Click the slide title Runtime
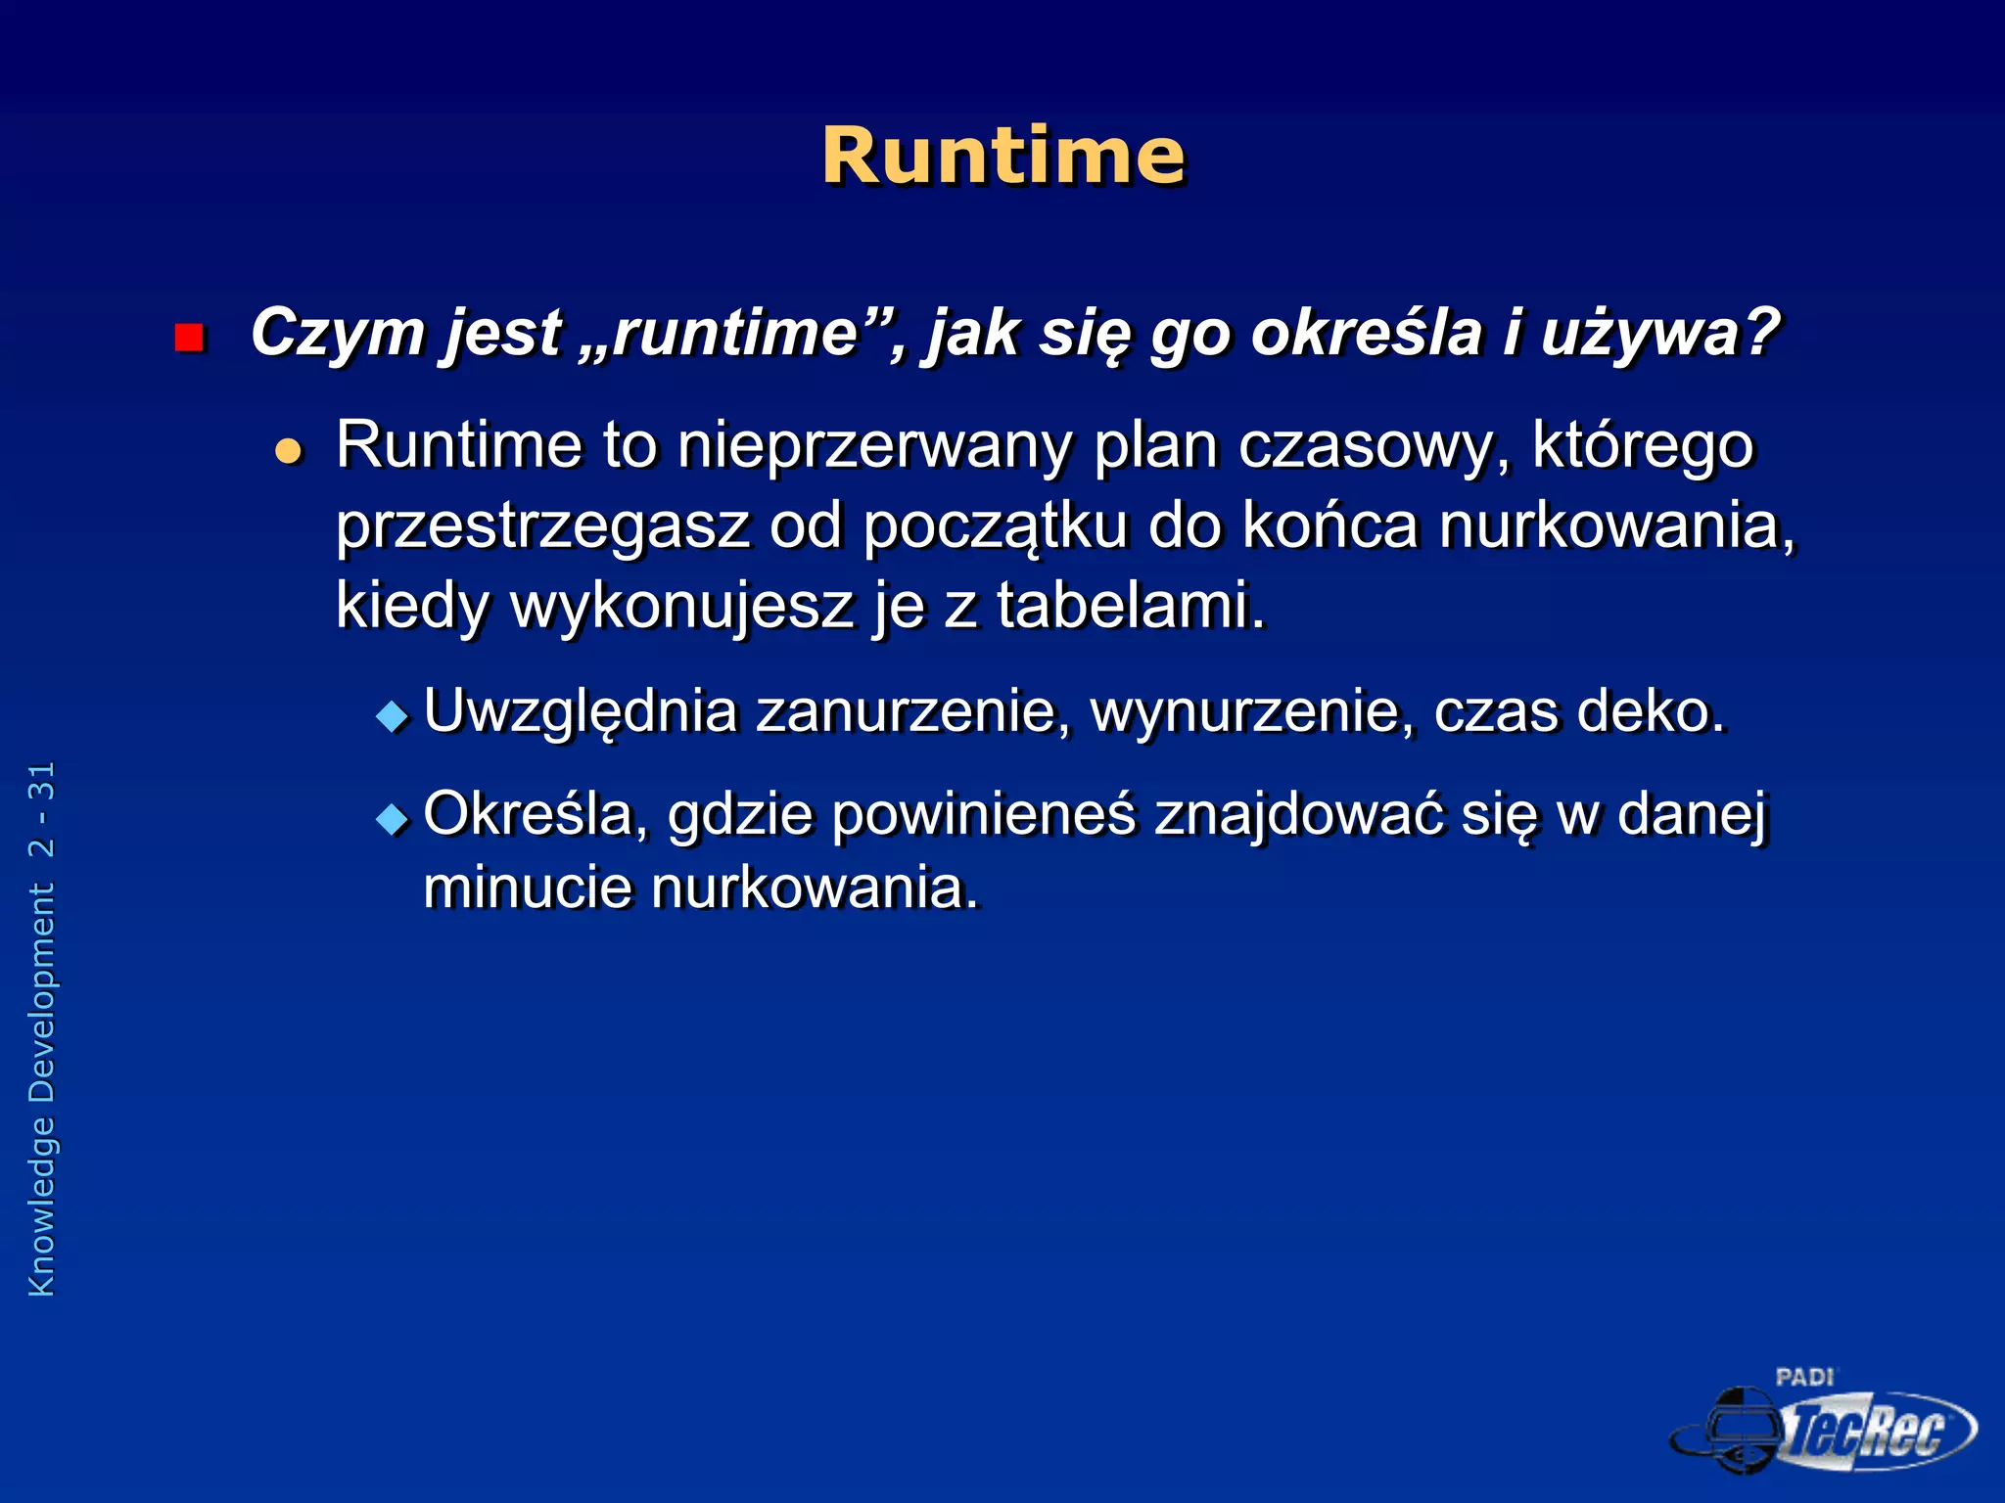[1002, 157]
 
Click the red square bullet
[188, 339]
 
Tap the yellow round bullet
[288, 451]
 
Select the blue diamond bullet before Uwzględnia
[393, 716]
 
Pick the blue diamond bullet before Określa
[393, 818]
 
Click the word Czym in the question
[337, 334]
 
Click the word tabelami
[1131, 605]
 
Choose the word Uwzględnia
[581, 712]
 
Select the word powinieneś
[984, 814]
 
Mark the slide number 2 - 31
[42, 810]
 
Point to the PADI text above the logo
[1804, 1378]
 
